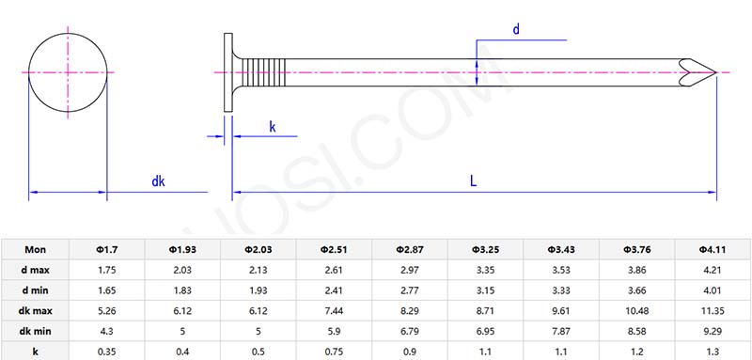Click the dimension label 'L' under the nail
473,180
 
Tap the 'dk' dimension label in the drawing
158,180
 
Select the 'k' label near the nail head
273,126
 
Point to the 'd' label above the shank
516,29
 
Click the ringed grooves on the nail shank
268,72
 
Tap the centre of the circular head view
68,72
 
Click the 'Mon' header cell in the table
35,249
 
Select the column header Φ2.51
334,249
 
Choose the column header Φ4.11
713,249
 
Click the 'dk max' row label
35,310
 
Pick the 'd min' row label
35,290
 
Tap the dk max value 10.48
637,310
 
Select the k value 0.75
334,351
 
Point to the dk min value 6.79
410,331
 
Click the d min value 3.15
486,290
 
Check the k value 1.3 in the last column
713,351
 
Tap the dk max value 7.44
334,310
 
